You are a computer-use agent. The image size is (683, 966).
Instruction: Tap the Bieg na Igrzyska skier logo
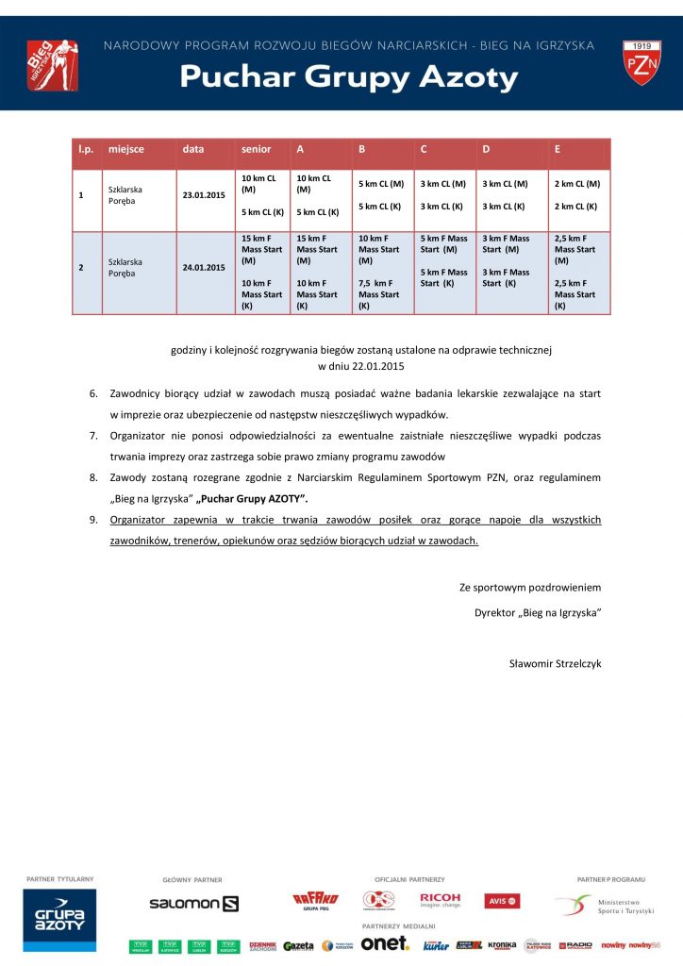point(51,64)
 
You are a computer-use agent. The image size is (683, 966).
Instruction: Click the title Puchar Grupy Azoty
point(349,77)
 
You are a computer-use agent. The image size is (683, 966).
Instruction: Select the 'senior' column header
point(256,149)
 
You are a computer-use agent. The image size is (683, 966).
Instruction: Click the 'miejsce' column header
point(125,149)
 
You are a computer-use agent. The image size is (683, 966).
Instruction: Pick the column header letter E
point(558,149)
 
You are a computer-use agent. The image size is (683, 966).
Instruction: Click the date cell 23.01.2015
point(202,195)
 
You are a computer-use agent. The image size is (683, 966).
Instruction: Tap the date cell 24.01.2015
point(202,267)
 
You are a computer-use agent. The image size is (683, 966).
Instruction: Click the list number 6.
point(93,392)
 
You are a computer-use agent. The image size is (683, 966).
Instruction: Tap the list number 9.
point(93,520)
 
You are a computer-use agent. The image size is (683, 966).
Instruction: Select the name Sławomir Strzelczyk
point(555,663)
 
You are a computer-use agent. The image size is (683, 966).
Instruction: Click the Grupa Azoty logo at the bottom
point(60,919)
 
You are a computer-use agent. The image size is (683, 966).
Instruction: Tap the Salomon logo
point(193,903)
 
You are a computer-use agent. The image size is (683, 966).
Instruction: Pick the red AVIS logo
point(502,901)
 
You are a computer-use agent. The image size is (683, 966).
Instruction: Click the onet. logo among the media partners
point(384,943)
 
